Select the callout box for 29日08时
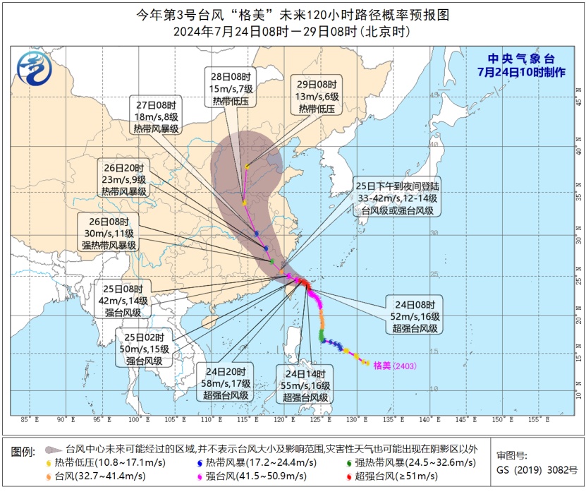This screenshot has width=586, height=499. (x=315, y=95)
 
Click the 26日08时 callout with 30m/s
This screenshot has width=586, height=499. (x=109, y=233)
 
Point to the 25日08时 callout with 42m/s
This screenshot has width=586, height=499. (x=122, y=300)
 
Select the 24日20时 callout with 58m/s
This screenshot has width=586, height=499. (x=226, y=383)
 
